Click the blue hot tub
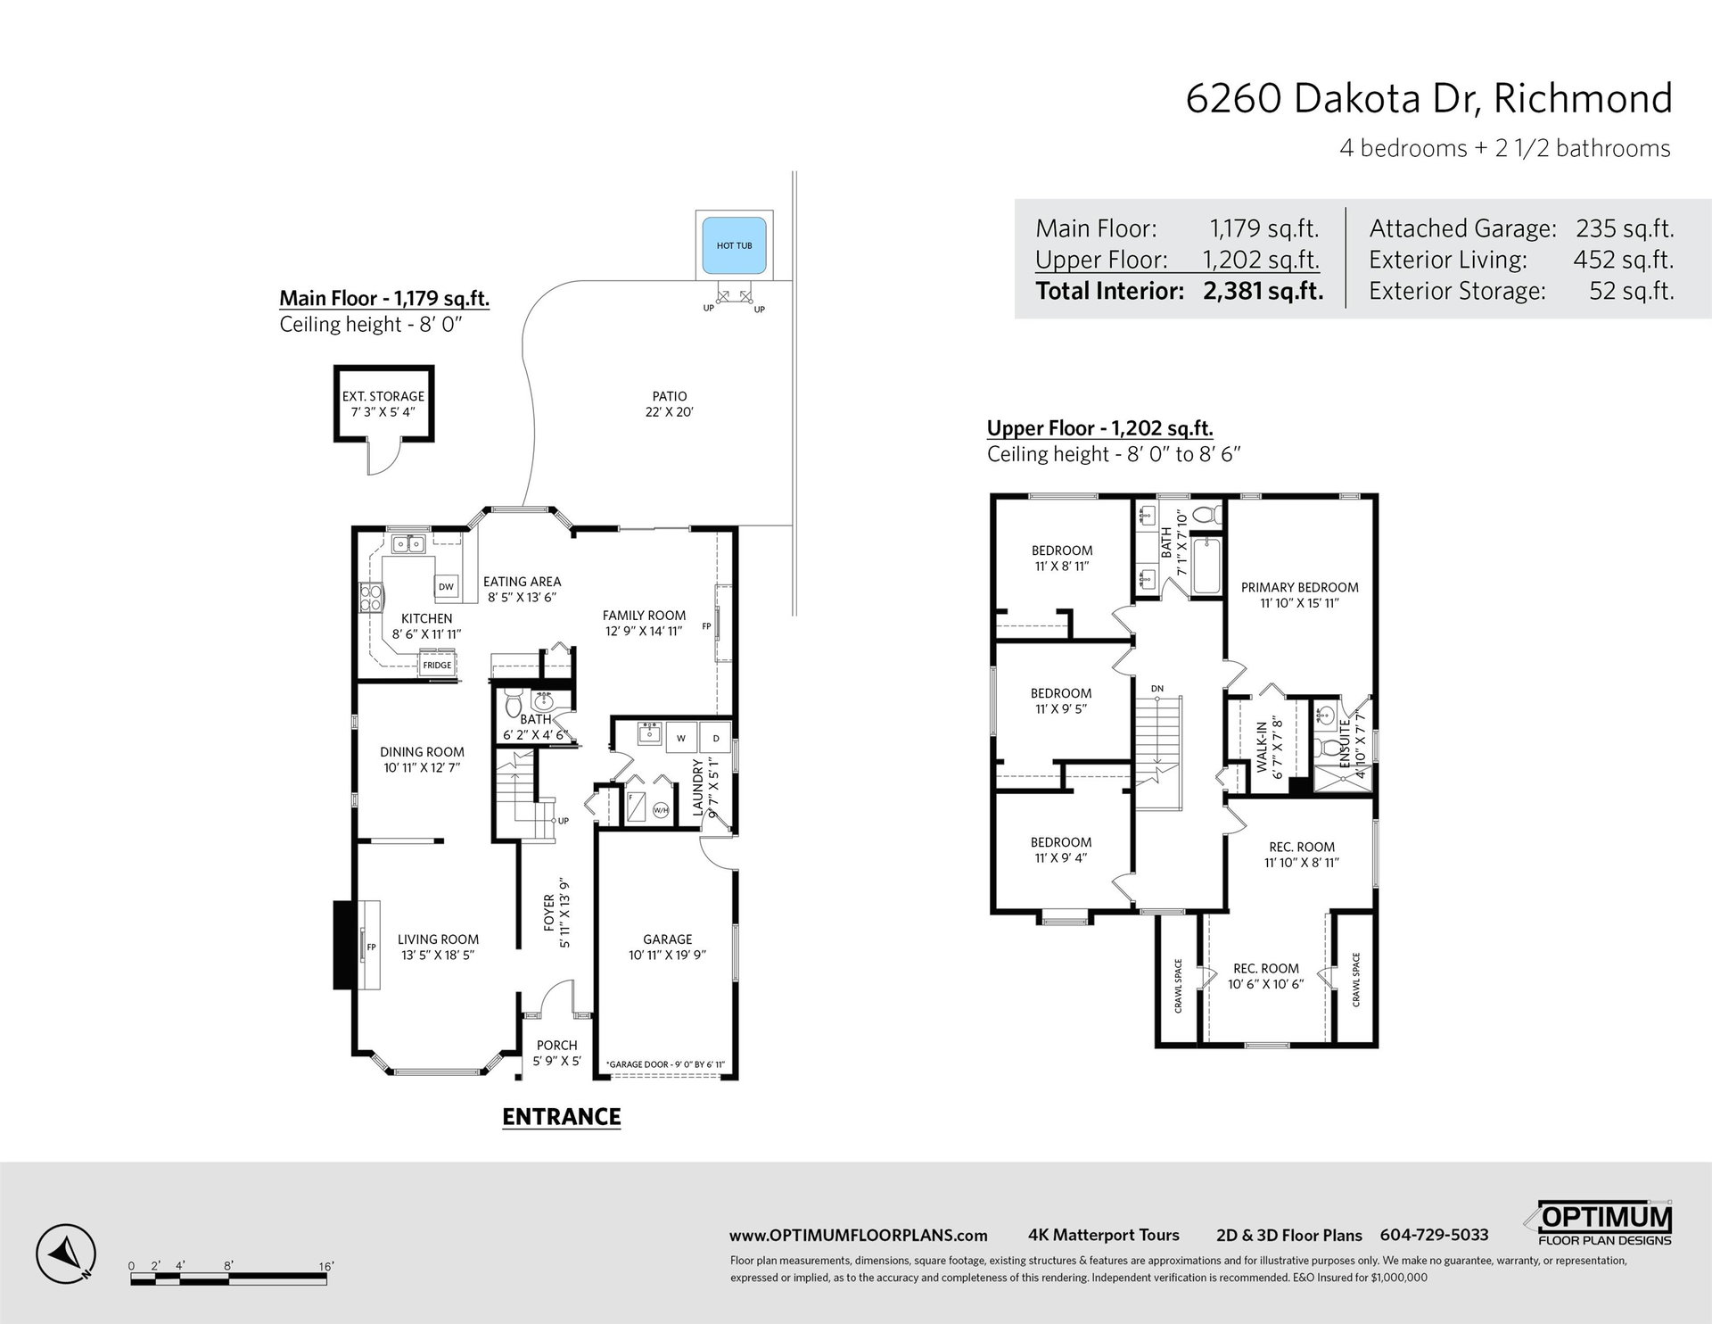pos(734,244)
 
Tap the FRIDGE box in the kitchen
pos(437,666)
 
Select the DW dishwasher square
pos(446,586)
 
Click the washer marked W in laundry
pos(682,738)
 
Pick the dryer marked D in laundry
pos(715,738)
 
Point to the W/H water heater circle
pos(661,810)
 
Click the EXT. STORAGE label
pos(383,396)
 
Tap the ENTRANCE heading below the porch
pos(562,1116)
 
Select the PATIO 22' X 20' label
pos(669,404)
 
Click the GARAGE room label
pos(668,939)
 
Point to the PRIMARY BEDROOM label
pos(1300,587)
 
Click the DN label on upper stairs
pos(1157,688)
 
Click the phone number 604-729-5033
pos(1434,1235)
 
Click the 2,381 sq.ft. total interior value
pos(1263,291)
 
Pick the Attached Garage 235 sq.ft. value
pos(1625,228)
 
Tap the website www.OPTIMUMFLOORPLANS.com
pos(859,1236)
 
